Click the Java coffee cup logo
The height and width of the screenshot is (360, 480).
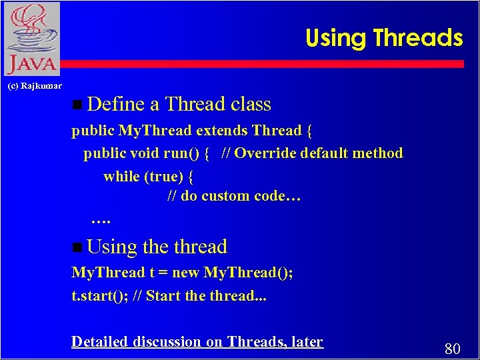(x=31, y=39)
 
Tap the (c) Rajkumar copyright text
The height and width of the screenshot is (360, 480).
(x=34, y=85)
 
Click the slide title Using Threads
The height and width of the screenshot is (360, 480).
(x=383, y=38)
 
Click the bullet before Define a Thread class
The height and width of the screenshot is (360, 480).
(x=77, y=105)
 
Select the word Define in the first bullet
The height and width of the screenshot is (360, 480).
(x=116, y=104)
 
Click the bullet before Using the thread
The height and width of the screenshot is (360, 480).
(x=77, y=247)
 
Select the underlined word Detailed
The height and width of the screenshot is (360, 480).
(x=99, y=342)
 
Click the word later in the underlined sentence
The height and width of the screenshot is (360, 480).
(x=307, y=342)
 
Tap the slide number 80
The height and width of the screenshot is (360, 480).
(x=452, y=347)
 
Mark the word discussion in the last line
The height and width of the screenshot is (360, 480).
(x=166, y=342)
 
